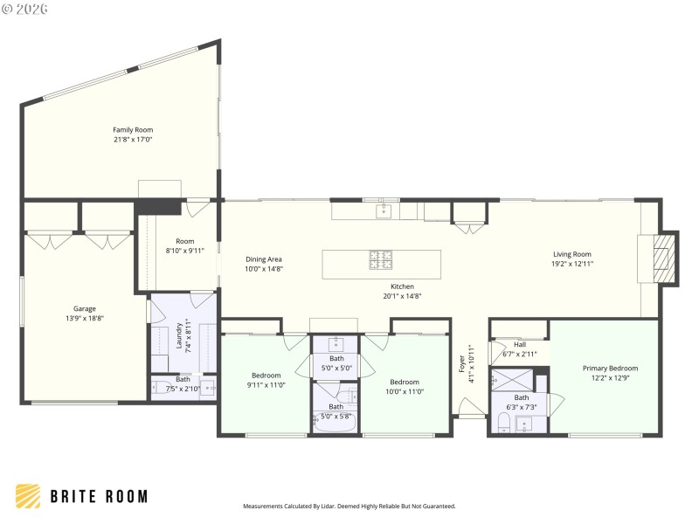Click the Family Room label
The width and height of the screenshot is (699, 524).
point(133,130)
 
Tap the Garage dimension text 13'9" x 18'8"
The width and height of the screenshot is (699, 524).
point(84,319)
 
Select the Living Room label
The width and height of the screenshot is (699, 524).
point(572,254)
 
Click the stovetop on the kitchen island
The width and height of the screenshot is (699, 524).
point(381,260)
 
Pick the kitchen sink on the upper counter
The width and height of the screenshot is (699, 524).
point(383,210)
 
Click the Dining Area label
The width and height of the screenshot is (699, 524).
point(263,259)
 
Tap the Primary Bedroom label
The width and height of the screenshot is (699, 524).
point(610,369)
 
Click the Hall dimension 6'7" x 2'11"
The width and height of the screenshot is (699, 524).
point(520,355)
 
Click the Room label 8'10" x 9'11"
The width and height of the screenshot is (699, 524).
point(184,241)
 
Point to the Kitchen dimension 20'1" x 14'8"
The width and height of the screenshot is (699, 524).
point(402,296)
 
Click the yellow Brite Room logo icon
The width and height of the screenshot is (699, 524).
point(28,496)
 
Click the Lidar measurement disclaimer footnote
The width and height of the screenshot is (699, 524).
point(349,506)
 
